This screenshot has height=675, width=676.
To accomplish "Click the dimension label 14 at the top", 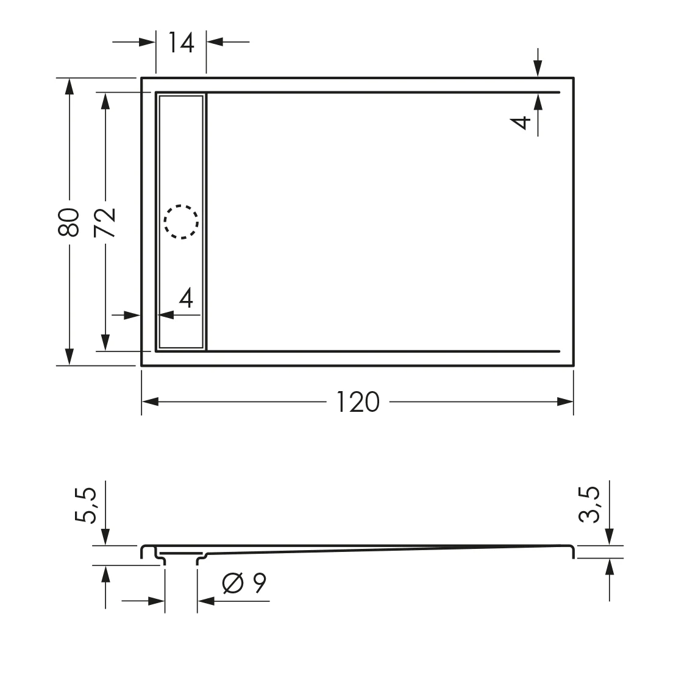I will (181, 43).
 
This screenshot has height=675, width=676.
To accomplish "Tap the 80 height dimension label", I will (69, 222).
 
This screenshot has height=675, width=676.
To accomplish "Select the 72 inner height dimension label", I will (105, 222).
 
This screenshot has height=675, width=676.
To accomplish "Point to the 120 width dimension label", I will (358, 402).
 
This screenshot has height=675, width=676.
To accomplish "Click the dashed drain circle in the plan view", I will (181, 221).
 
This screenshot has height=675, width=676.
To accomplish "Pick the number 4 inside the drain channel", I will (187, 299).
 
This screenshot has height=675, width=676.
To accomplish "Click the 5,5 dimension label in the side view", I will (86, 506).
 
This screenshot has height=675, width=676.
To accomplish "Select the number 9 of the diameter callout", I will (259, 584).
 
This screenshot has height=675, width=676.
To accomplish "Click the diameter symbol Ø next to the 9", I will (233, 584).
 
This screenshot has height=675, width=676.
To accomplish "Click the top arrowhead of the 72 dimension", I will (105, 101).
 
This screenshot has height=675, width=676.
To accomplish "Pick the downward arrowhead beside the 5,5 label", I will (105, 537).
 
